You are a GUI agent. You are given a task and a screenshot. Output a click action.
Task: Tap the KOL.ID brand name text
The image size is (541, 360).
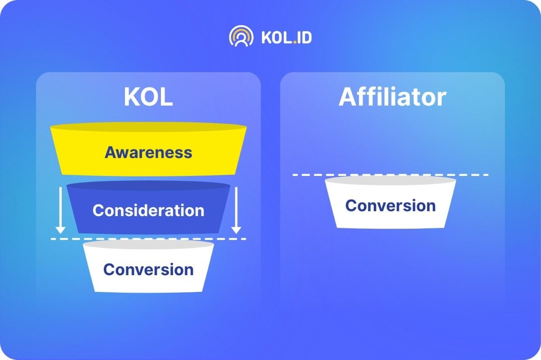tap(287, 37)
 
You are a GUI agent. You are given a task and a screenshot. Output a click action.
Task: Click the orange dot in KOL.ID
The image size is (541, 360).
tap(295, 42)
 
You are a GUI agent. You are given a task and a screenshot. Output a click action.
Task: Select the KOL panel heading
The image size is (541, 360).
tap(148, 97)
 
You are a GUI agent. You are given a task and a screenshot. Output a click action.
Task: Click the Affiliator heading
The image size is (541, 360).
tap(393, 97)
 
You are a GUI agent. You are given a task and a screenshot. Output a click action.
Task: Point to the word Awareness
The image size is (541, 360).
tap(148, 152)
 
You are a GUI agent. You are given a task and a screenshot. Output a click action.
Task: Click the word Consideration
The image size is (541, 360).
tap(148, 210)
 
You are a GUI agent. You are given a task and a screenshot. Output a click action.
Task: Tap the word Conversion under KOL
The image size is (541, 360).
tap(148, 269)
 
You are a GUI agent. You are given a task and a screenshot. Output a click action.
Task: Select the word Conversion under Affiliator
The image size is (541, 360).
tap(390, 205)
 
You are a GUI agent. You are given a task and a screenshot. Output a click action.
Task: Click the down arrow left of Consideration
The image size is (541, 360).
tap(60, 210)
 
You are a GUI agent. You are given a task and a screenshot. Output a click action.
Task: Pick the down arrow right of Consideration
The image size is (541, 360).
tap(236, 210)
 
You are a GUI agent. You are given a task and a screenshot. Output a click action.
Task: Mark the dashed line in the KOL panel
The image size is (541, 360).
tap(148, 239)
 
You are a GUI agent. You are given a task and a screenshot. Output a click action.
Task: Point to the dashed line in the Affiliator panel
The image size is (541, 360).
tap(390, 175)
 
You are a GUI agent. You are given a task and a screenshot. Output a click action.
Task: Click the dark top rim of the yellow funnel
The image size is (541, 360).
tap(148, 127)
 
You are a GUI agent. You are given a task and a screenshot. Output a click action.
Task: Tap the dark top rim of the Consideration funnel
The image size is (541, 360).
tap(148, 185)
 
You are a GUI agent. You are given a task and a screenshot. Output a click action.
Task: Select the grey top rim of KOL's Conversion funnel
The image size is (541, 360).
tap(148, 245)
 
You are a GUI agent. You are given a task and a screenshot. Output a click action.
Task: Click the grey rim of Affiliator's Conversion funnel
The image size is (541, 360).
tap(390, 180)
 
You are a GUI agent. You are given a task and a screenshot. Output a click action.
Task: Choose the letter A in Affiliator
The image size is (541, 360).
tap(347, 97)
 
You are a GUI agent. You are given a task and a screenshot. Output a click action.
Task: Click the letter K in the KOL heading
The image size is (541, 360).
tap(131, 97)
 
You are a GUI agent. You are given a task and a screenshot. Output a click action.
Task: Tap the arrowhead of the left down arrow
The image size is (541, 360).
tap(60, 230)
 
